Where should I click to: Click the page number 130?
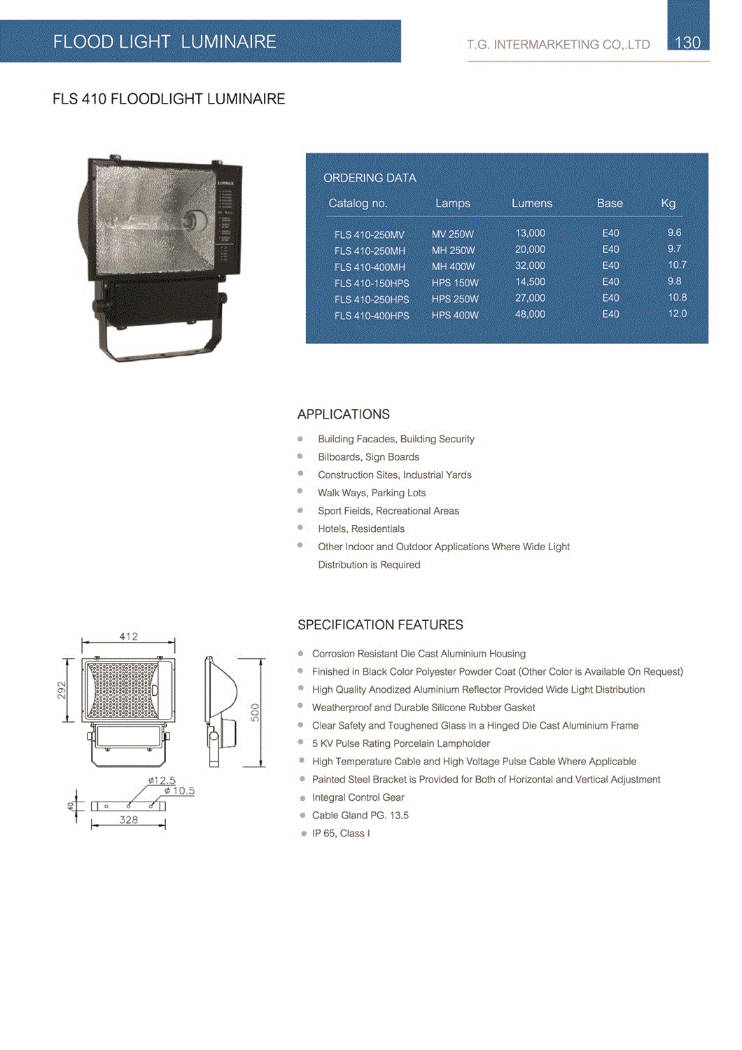(x=687, y=43)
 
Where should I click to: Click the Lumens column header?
(x=531, y=204)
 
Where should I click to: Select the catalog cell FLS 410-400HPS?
(x=372, y=316)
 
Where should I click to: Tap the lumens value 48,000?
(x=530, y=314)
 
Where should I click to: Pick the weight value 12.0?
(x=677, y=314)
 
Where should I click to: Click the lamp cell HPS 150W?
(x=455, y=283)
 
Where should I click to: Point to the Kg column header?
(x=668, y=204)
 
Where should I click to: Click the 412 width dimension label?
(x=129, y=636)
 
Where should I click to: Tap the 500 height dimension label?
(x=255, y=713)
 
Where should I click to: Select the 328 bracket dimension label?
(x=129, y=820)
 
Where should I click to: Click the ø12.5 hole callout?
(x=162, y=780)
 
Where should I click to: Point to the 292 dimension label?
(x=62, y=690)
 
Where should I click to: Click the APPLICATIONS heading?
(x=343, y=414)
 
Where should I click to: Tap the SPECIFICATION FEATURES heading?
(x=380, y=625)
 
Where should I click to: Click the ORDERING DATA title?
(x=370, y=178)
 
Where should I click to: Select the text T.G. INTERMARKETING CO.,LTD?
(x=558, y=45)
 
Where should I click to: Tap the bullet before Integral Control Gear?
(x=302, y=798)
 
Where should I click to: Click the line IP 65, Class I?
(x=341, y=834)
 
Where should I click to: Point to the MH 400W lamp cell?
(x=453, y=267)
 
